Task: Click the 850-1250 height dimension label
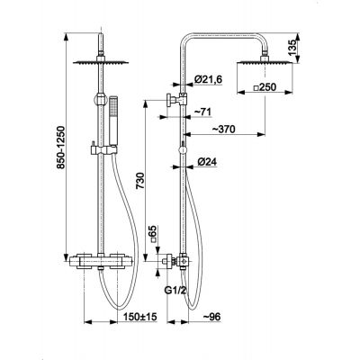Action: point(61,148)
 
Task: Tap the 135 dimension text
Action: point(292,48)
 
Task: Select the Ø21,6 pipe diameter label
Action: point(208,79)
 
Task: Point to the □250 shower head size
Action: point(265,87)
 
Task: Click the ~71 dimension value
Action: point(202,112)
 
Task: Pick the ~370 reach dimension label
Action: point(224,130)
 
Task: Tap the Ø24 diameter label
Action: point(207,162)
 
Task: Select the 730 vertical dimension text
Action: point(140,180)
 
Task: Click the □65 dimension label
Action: point(154,234)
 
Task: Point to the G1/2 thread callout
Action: point(173,291)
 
